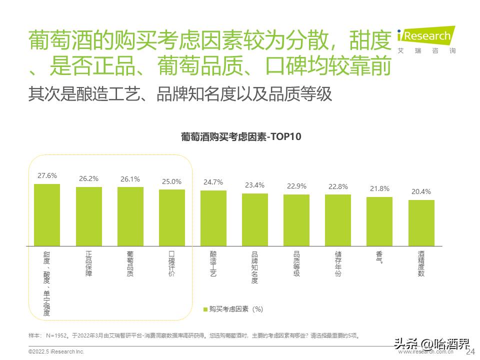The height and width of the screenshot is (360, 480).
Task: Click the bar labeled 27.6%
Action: click(47, 215)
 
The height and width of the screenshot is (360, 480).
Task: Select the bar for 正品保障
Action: click(88, 216)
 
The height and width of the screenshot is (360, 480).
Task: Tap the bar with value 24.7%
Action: click(213, 218)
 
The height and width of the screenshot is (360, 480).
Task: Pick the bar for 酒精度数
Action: click(421, 223)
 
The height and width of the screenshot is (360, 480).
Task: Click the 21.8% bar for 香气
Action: click(379, 221)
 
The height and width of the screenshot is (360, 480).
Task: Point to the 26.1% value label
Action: click(130, 179)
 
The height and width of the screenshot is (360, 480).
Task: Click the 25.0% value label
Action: click(171, 181)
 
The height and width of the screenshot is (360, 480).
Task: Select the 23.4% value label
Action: click(255, 185)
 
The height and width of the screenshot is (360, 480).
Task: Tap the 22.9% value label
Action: click(296, 186)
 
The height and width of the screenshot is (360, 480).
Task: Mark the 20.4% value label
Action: click(421, 191)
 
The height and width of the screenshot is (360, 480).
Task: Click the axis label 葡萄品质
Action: click(130, 264)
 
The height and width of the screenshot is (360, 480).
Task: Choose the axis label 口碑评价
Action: click(171, 264)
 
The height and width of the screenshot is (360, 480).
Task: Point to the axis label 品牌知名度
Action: click(255, 267)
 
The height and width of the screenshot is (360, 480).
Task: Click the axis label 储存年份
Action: click(338, 264)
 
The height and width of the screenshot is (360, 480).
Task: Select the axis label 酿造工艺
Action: click(213, 264)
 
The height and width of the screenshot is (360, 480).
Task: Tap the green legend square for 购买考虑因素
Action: click(205, 309)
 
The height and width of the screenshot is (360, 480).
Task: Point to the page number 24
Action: click(470, 352)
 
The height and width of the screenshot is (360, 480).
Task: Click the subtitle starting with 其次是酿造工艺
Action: click(180, 94)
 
